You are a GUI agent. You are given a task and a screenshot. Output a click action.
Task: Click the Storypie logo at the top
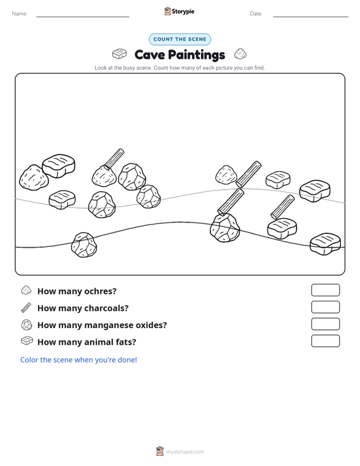click(x=179, y=11)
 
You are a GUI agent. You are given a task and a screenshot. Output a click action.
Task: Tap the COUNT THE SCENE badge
click(x=180, y=39)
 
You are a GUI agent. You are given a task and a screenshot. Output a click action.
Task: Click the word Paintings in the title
click(x=197, y=55)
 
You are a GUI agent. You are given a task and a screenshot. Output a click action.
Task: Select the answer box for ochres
click(x=325, y=290)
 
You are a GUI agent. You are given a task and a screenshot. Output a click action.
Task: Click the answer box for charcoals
click(x=325, y=307)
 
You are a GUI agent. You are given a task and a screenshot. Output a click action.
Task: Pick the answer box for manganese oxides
click(x=325, y=324)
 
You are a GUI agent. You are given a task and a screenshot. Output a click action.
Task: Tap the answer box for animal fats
click(x=325, y=341)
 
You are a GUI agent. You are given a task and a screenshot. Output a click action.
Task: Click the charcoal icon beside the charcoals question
click(x=26, y=308)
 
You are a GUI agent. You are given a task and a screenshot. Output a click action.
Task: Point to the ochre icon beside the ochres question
click(x=26, y=291)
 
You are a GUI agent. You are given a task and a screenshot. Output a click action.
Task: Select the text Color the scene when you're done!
click(x=78, y=360)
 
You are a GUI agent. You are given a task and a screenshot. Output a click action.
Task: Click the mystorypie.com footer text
click(x=184, y=452)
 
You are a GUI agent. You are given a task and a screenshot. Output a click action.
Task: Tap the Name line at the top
click(x=83, y=17)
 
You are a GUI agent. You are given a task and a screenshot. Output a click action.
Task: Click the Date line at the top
click(x=310, y=17)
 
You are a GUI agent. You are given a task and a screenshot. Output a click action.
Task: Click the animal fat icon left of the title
click(x=119, y=54)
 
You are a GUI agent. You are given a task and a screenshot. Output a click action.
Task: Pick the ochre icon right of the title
click(x=240, y=54)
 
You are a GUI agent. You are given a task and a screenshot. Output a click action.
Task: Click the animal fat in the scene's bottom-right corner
click(x=325, y=243)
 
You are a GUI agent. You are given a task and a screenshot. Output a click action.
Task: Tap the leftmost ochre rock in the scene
click(x=34, y=177)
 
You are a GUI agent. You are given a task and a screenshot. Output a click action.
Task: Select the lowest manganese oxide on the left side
click(x=84, y=245)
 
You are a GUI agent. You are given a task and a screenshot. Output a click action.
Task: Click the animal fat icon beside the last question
click(x=27, y=341)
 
